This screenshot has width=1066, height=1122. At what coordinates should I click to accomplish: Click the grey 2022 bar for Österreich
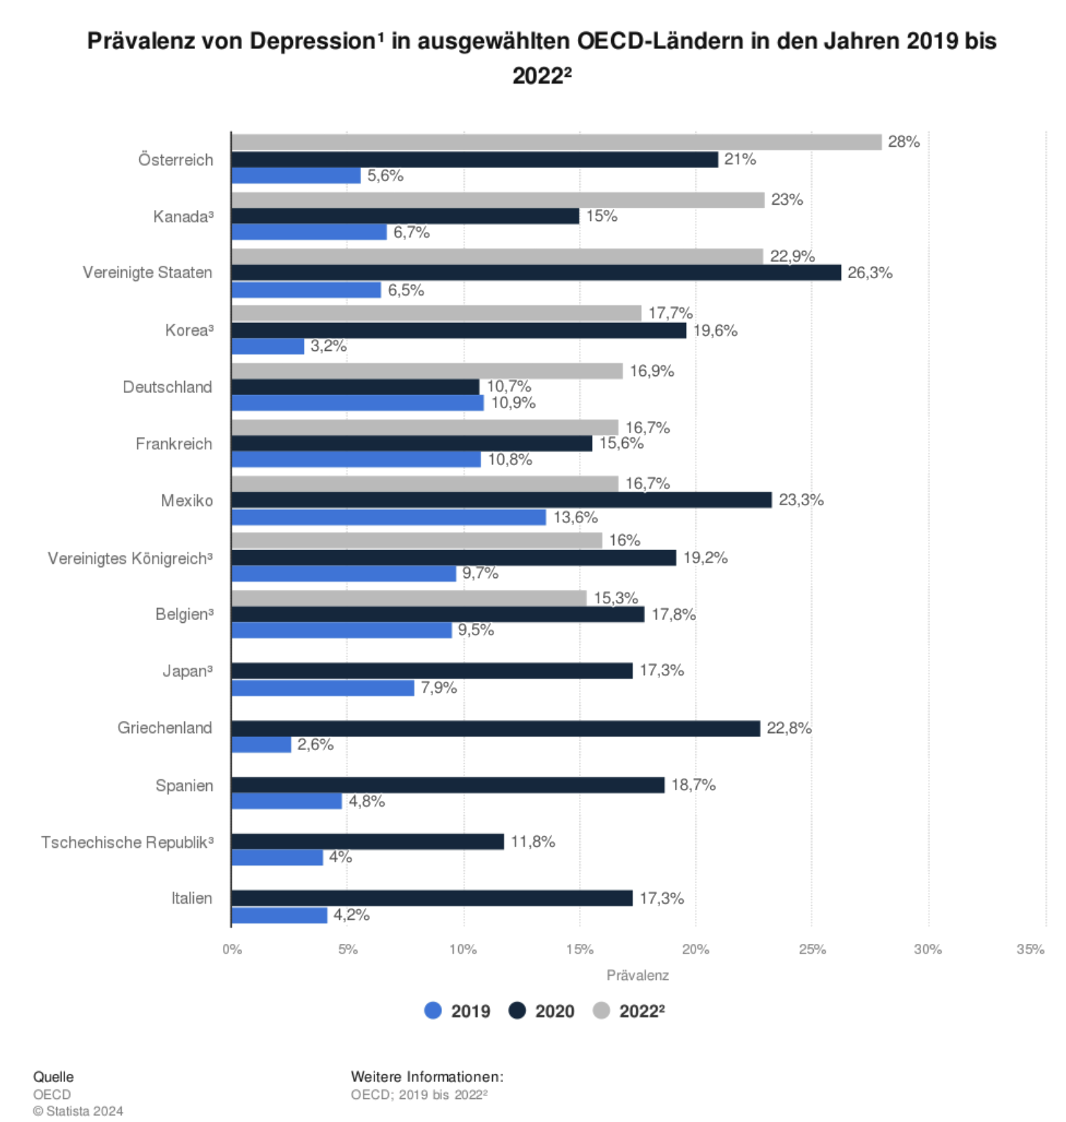(556, 142)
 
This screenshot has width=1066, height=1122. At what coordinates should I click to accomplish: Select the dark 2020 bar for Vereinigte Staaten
(536, 273)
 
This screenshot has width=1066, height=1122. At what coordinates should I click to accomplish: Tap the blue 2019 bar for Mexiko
(388, 517)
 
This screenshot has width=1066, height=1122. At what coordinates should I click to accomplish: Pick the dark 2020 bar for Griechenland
(495, 728)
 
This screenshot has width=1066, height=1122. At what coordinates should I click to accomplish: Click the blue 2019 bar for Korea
(267, 346)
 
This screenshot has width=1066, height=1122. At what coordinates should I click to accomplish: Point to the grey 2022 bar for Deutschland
(427, 371)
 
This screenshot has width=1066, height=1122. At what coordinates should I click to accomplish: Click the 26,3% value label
(870, 273)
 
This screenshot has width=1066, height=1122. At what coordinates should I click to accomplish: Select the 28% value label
(904, 142)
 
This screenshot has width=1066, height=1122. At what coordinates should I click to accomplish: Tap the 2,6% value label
(315, 745)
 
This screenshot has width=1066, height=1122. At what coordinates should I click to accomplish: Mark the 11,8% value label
(532, 842)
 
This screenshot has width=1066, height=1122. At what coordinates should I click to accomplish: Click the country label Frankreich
(174, 444)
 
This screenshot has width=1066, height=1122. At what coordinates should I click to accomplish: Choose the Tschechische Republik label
(127, 843)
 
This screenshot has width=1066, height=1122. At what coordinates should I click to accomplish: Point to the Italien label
(191, 898)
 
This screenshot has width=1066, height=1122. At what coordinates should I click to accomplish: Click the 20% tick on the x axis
(695, 949)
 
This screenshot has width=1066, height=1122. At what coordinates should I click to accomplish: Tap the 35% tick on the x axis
(1030, 949)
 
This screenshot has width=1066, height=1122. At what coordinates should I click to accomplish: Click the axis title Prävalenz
(637, 975)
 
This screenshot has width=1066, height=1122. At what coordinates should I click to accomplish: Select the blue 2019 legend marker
(433, 1010)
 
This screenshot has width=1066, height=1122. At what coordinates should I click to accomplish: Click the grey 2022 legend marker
(601, 1010)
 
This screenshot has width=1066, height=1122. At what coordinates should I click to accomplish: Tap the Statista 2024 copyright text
(79, 1111)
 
